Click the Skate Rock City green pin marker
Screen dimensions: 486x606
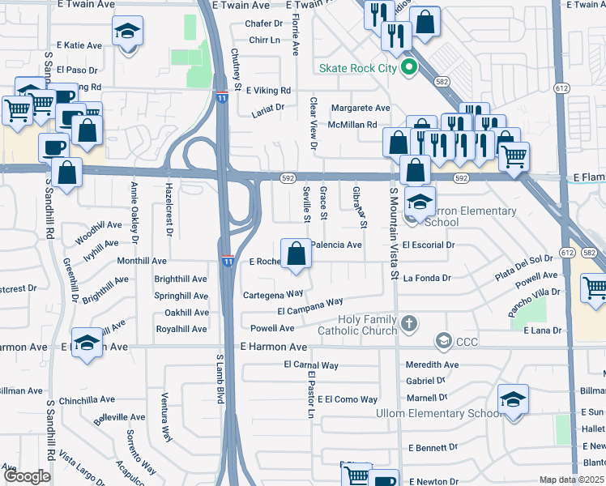(409, 68)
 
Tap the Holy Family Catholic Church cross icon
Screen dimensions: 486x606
(409, 324)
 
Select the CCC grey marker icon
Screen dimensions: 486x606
(443, 342)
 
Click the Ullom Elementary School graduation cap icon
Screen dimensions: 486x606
(512, 400)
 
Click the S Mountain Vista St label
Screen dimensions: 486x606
(394, 235)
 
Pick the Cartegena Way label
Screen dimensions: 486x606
(273, 294)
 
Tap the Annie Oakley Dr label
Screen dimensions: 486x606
(134, 212)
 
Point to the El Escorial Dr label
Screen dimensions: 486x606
(429, 245)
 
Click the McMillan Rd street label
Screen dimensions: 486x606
(352, 125)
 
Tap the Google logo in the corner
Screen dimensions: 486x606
(27, 476)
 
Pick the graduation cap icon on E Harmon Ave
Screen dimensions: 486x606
(87, 343)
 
